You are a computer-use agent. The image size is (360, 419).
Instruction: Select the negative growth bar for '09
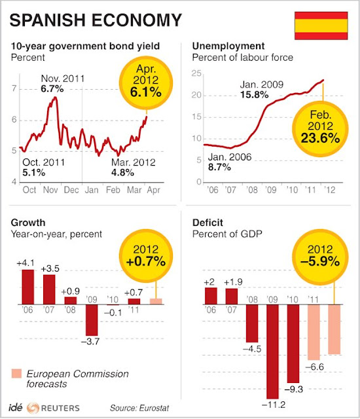91,319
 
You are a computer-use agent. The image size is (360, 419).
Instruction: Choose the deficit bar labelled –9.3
293,344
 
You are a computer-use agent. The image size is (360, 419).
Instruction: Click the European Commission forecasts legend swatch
18,374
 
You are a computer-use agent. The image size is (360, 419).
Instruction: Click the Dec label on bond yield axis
73,189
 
